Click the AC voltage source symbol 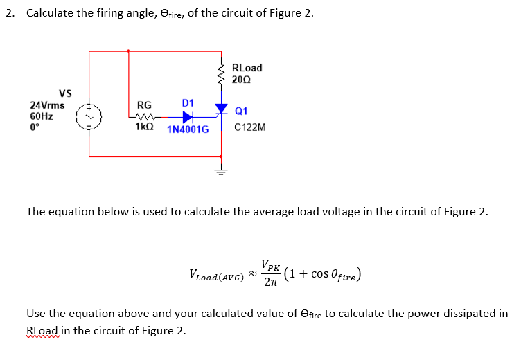(x=89, y=118)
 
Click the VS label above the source (x=65, y=93)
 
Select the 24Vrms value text (x=47, y=105)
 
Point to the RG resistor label (x=144, y=105)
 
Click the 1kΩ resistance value (x=144, y=128)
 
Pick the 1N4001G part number (x=188, y=129)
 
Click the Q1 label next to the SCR (x=241, y=111)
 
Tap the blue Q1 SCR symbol (x=221, y=109)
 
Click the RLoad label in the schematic (x=247, y=68)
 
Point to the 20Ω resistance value (x=241, y=80)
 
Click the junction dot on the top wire (x=128, y=51)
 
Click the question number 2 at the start (x=9, y=13)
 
